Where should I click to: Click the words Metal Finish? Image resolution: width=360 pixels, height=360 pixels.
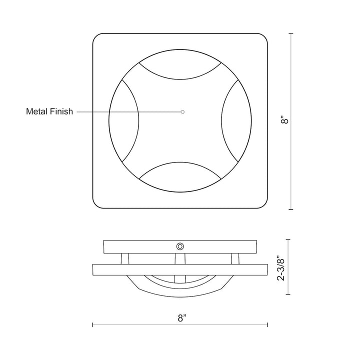[x=49, y=111]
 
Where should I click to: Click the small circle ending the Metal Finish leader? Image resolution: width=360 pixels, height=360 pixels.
[x=182, y=111]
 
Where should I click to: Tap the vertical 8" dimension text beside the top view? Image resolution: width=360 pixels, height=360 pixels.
[x=285, y=120]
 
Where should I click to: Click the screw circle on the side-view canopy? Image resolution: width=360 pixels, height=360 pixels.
[x=179, y=246]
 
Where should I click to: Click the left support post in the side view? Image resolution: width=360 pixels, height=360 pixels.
[x=125, y=258]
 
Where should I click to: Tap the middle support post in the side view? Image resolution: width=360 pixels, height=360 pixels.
[x=179, y=258]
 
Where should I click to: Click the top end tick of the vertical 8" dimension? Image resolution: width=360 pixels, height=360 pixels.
[x=291, y=33]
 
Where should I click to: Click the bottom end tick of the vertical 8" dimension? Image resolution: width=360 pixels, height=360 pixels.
[x=291, y=209]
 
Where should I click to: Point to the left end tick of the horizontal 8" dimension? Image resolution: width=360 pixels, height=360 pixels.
[x=93, y=325]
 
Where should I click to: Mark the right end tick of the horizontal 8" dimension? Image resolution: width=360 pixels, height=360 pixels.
[x=268, y=325]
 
